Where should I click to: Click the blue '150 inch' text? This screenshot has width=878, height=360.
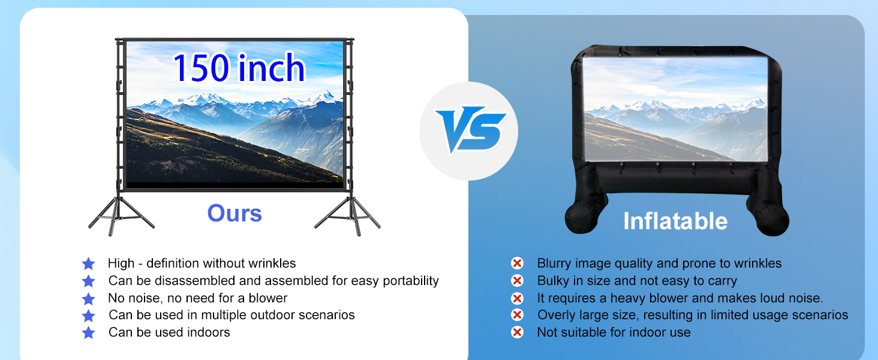[239, 68]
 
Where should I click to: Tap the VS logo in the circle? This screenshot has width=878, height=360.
[470, 130]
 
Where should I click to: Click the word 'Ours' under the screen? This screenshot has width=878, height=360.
[234, 213]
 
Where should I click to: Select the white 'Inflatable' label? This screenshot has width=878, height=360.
[675, 221]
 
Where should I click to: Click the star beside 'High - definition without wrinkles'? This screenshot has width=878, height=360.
[88, 263]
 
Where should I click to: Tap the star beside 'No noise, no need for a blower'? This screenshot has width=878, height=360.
[88, 298]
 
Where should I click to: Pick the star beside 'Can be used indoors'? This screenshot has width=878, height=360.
[88, 332]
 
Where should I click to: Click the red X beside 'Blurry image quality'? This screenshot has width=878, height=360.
[517, 263]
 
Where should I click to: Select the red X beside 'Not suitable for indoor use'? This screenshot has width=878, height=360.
[517, 332]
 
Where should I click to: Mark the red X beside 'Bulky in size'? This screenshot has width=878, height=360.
[517, 281]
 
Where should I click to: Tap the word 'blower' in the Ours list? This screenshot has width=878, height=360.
[268, 298]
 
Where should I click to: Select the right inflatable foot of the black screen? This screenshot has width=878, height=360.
[772, 220]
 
